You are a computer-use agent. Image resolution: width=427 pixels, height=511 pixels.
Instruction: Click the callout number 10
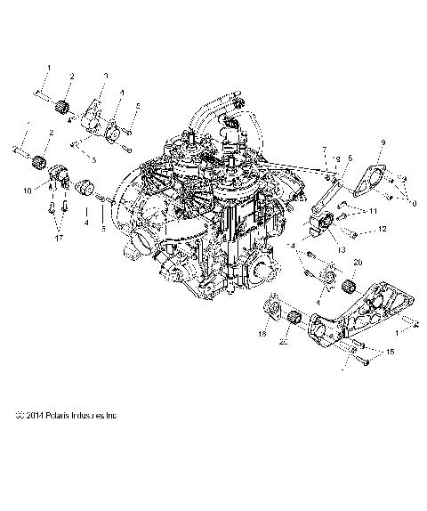coord(28,191)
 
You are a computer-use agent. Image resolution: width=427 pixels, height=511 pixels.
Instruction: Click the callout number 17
coord(60,239)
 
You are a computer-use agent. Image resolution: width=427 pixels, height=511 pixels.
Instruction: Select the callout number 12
coord(383,229)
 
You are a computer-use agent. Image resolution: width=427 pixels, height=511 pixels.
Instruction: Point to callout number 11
coord(374,210)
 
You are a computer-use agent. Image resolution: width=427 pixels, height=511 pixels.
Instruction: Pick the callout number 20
coord(359,263)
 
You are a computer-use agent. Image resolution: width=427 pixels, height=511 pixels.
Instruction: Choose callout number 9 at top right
coord(383,142)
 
